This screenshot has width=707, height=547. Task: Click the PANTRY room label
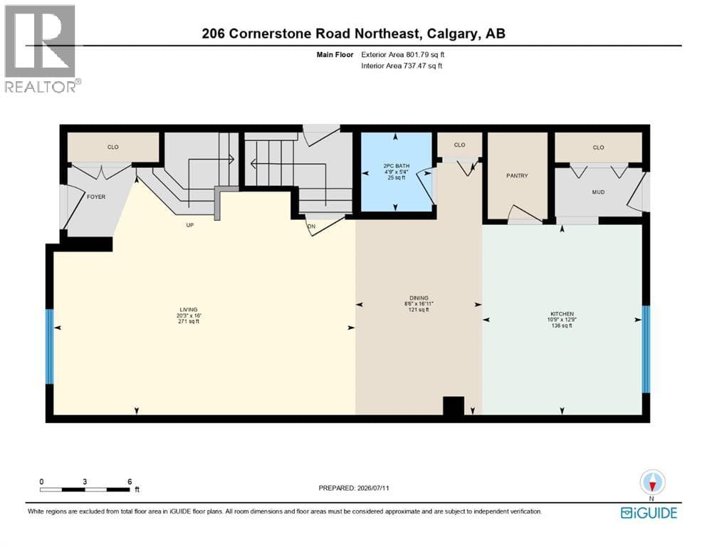click(x=517, y=175)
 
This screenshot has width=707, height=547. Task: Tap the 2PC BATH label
click(x=397, y=166)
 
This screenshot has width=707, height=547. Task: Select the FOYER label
click(x=96, y=197)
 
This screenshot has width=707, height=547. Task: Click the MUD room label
click(x=598, y=192)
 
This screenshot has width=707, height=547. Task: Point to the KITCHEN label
click(x=562, y=314)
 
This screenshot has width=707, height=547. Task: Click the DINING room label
click(x=419, y=298)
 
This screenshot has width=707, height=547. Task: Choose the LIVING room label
click(x=189, y=310)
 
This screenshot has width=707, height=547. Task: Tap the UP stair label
click(x=190, y=225)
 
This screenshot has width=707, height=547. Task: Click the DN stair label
click(x=312, y=226)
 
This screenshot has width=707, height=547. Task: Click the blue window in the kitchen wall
click(x=646, y=350)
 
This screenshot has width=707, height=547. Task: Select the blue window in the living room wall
click(x=50, y=346)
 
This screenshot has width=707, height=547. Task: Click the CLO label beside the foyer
click(x=112, y=147)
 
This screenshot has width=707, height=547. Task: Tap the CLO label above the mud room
click(x=598, y=147)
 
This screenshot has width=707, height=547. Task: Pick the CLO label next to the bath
click(x=459, y=145)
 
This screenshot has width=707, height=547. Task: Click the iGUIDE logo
click(x=649, y=513)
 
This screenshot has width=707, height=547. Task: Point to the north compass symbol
click(x=652, y=483)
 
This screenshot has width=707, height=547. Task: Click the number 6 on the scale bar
click(x=130, y=481)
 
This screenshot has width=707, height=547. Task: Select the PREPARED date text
click(x=354, y=488)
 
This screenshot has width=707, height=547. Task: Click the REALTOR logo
click(x=41, y=48)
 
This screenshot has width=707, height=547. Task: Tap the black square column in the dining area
click(x=454, y=406)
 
